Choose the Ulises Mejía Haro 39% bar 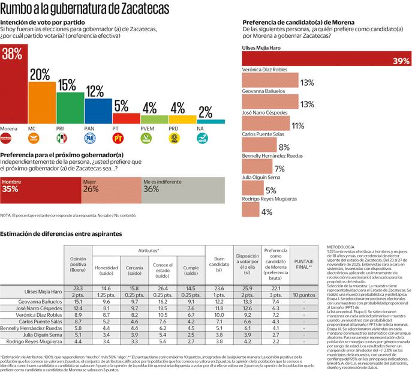(326, 59)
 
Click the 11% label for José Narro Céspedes (297, 125)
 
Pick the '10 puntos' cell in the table (304, 295)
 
